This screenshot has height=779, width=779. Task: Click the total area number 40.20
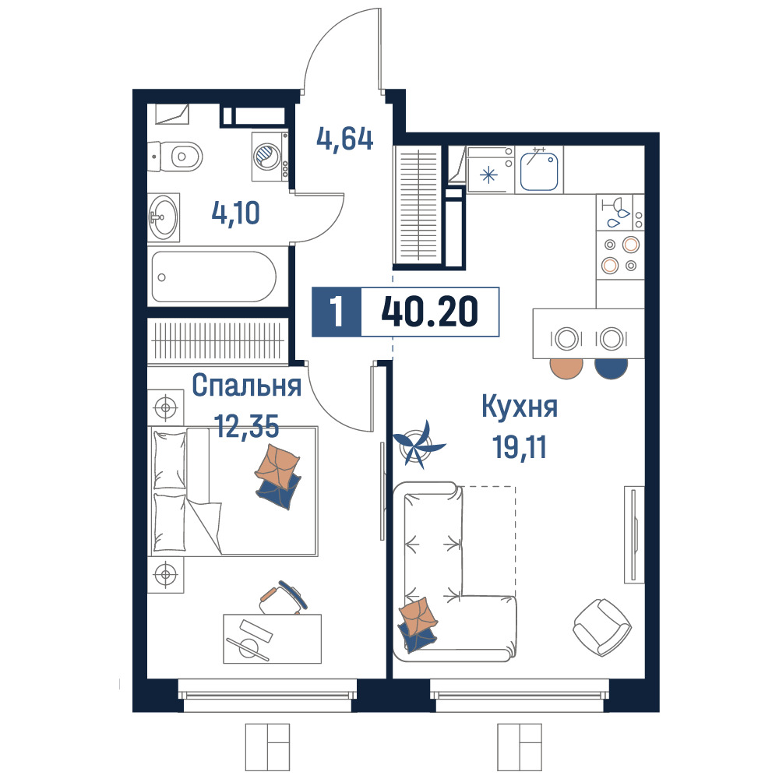[x=429, y=312]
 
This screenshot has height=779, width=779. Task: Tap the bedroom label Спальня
[x=246, y=386]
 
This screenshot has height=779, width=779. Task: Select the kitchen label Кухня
[x=520, y=407]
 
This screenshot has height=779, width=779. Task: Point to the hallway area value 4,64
[x=345, y=139]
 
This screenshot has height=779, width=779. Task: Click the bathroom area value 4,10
[x=235, y=213]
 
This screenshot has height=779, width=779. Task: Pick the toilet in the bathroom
[x=175, y=157]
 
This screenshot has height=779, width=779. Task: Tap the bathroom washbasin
[x=164, y=217]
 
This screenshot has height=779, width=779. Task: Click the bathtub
[x=213, y=277]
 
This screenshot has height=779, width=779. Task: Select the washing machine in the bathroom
[x=270, y=157]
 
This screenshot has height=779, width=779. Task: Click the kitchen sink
[x=539, y=171]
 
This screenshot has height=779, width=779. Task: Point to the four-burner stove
[x=620, y=255]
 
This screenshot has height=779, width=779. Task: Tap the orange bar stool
[x=566, y=368]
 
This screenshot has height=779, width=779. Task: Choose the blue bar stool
[x=611, y=368]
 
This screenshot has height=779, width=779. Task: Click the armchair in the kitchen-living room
[x=602, y=627]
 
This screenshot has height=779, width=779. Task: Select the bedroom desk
[x=272, y=639]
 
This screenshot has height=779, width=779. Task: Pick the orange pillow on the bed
[x=277, y=466]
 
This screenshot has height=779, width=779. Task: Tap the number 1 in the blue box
[x=337, y=312]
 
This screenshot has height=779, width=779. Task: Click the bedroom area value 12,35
[x=246, y=426]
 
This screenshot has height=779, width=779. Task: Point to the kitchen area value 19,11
[x=520, y=447]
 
